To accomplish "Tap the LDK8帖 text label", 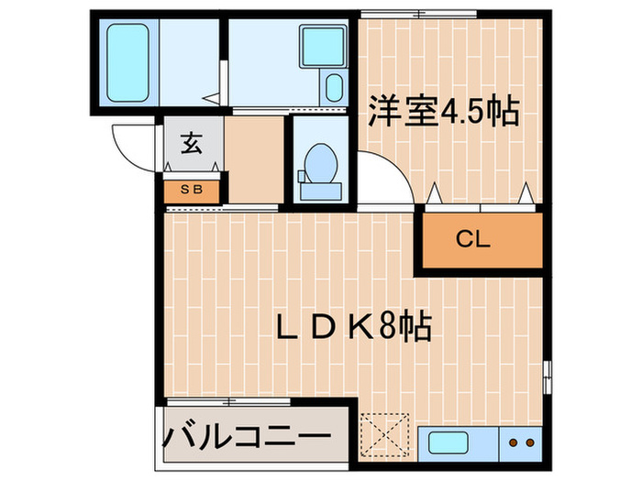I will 355,326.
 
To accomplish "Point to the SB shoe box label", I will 191,191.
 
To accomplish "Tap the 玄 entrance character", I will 191,144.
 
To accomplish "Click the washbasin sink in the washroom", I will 319,47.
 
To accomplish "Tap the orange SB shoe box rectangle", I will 191,191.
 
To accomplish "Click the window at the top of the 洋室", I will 419,14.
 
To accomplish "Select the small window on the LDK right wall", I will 548,375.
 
